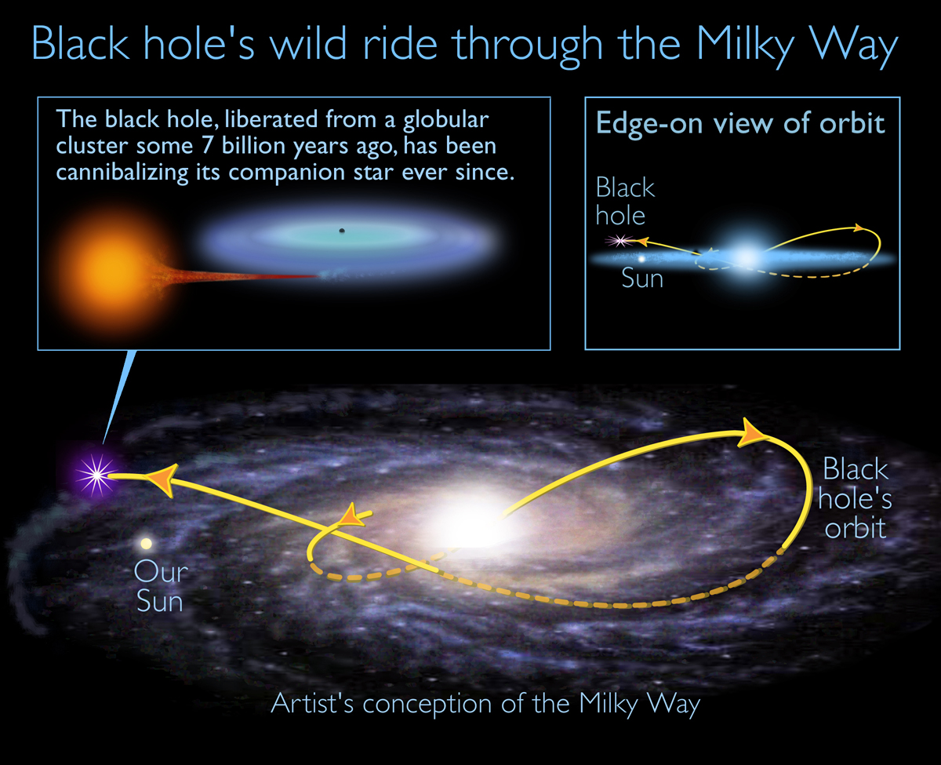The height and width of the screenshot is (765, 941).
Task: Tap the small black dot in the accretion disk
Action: tap(341, 231)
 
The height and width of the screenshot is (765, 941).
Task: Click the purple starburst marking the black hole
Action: tap(96, 473)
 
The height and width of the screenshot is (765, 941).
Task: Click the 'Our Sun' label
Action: tap(160, 585)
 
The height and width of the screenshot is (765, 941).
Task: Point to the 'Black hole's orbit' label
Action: tap(856, 497)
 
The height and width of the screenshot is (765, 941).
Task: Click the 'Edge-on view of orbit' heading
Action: tap(740, 124)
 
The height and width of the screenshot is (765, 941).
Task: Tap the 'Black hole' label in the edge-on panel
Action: tap(625, 201)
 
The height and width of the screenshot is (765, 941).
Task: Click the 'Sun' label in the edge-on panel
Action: tap(642, 278)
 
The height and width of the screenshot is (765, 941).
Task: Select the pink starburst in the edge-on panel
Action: tap(621, 242)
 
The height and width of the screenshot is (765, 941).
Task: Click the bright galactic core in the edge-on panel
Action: tap(745, 257)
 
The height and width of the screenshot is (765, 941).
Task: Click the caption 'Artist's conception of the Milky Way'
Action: tap(485, 703)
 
